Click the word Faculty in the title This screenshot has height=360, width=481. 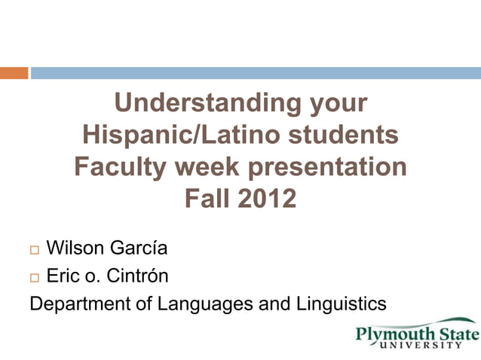pos(124,166)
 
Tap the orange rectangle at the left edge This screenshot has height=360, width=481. pos(14,73)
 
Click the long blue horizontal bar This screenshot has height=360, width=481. pos(255,73)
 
